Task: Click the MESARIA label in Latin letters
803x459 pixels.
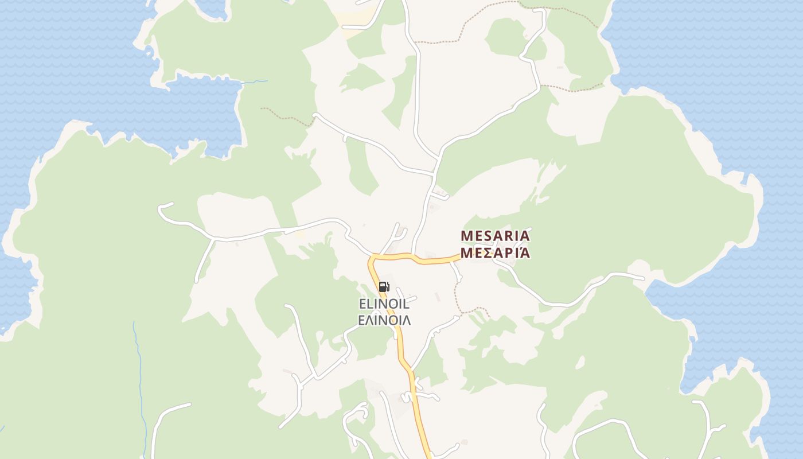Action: pos(496,236)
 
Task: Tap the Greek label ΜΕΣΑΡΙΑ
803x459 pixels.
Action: pos(496,253)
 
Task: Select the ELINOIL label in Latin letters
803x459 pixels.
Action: pos(384,304)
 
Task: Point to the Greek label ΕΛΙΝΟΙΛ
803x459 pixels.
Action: pos(384,320)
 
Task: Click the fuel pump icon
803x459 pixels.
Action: pos(384,286)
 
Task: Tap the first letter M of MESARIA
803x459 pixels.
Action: pos(467,236)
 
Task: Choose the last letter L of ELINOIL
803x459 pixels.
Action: pos(406,304)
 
